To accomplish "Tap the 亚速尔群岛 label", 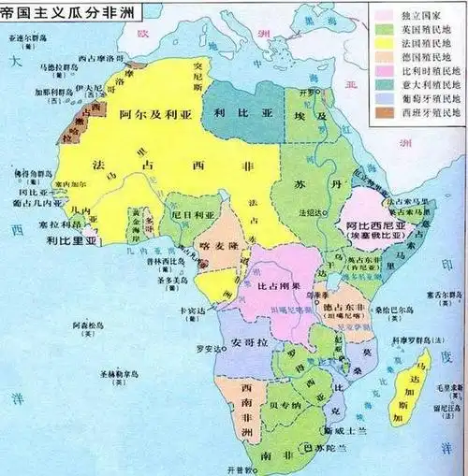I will (27, 41).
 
